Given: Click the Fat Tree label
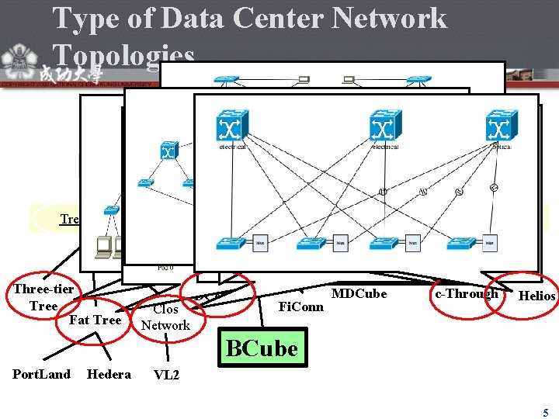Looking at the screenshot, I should [x=95, y=320].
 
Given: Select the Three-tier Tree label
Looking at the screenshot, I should [x=43, y=297].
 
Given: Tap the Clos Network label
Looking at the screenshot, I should [x=165, y=317].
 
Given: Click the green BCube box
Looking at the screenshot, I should [x=262, y=348].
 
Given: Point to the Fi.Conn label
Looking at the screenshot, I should [x=300, y=306].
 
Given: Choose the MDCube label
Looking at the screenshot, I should [x=359, y=294].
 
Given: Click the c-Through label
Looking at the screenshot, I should [x=467, y=293].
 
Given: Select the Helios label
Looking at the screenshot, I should [x=536, y=296].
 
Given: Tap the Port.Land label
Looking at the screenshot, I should [x=41, y=374].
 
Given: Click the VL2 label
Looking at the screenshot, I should [x=167, y=375].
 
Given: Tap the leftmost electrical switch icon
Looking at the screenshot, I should [x=231, y=126].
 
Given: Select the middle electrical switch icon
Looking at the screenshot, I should [x=384, y=126].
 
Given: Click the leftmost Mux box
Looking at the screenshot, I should [x=262, y=243].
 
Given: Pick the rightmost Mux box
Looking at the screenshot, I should [x=489, y=243].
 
